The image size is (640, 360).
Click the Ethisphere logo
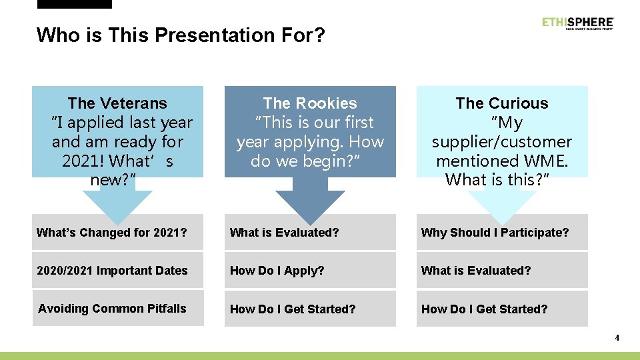pos(577,23)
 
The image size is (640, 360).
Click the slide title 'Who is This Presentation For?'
pos(181,35)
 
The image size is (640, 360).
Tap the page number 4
pos(617,338)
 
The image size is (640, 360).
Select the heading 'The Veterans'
pos(117,103)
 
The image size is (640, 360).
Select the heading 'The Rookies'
pos(310,103)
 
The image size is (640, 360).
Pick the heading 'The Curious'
pos(502,103)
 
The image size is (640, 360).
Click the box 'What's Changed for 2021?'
pos(117,233)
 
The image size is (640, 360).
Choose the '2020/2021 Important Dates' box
pos(117,271)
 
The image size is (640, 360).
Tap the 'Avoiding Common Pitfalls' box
pos(117,309)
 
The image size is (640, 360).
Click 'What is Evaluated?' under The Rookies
pos(310,233)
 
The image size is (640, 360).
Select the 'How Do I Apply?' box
pos(310,271)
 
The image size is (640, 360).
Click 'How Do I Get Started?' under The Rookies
pos(310,309)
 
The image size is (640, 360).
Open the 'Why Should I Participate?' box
pos(502,233)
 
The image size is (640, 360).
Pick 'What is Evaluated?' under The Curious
pos(502,271)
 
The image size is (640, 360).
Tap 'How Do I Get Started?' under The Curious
pos(502,309)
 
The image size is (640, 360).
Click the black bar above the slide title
pos(75,4)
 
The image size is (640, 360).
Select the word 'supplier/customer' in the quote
pos(502,142)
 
